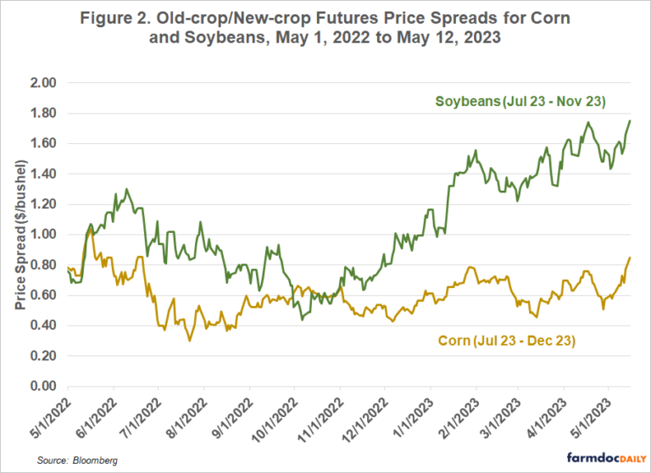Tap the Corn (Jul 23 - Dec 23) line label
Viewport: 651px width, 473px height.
click(509, 341)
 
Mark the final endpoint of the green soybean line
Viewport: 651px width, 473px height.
click(631, 120)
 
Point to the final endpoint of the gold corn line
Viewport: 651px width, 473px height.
click(631, 258)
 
